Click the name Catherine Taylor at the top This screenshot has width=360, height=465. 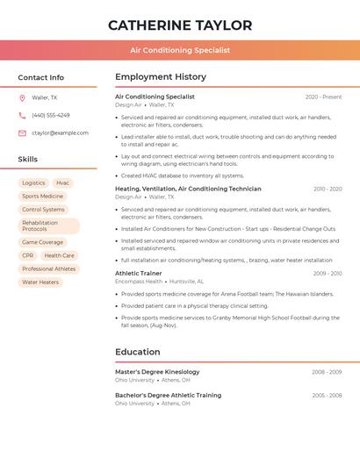180,25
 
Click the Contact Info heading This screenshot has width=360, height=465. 41,77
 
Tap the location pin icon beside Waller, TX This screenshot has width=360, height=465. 22,98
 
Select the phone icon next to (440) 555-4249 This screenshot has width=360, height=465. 22,116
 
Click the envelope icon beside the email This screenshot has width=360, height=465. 22,133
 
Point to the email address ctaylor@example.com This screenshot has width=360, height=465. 60,133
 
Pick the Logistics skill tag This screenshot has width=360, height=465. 33,183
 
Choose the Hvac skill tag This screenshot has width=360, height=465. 62,183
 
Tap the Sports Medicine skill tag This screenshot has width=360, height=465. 42,197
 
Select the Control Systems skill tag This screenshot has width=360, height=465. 43,210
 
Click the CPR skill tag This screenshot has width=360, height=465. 27,256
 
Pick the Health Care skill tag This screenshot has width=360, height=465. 59,256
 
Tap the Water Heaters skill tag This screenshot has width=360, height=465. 40,283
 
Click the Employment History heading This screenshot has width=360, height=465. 161,77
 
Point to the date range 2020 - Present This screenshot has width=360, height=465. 323,97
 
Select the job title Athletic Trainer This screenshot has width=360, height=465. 139,274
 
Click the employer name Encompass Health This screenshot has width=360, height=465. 139,282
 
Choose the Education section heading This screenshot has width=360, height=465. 138,353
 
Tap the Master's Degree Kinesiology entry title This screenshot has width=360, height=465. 157,372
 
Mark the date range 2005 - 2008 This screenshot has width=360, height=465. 327,396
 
